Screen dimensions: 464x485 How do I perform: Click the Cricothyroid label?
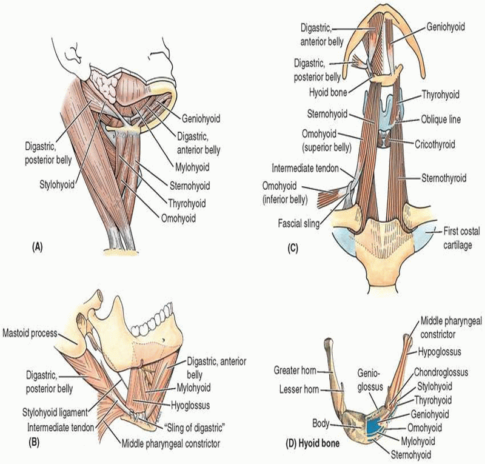point(436,145)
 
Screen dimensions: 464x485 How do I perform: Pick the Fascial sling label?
point(293,223)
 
